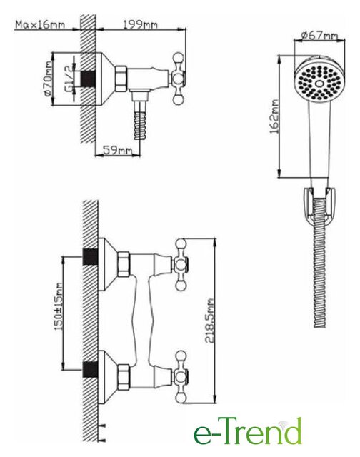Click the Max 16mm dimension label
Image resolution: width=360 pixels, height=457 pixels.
(40, 24)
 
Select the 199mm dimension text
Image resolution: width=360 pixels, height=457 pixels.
(140, 24)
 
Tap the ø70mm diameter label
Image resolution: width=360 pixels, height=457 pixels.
(48, 79)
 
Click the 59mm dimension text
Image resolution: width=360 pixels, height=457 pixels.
(117, 150)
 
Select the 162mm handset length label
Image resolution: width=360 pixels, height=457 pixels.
(274, 116)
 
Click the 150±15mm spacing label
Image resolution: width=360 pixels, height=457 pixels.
(59, 306)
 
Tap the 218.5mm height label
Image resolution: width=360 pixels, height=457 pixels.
(210, 320)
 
